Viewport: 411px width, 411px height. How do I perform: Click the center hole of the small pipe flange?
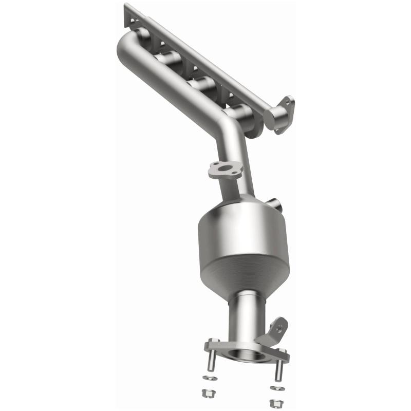[x=225, y=170]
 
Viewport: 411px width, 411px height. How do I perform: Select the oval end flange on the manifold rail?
[x=283, y=114]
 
